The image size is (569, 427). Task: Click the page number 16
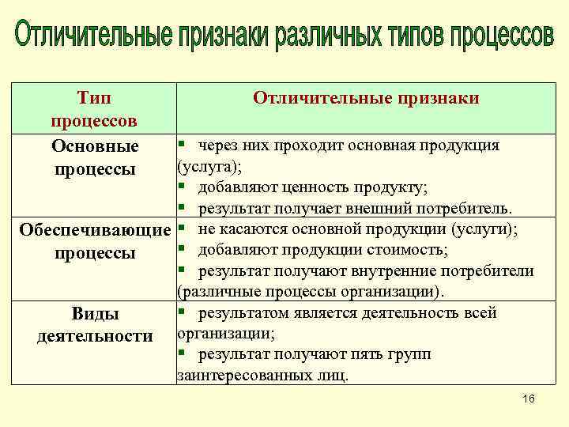click(529, 400)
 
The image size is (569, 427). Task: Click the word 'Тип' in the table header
click(94, 98)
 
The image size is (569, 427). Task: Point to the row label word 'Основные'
click(95, 146)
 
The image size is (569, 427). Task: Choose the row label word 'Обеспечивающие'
click(94, 231)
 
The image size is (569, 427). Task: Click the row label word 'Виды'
click(95, 314)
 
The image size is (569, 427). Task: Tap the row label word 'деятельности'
click(95, 336)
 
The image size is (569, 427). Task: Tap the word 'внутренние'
click(409, 271)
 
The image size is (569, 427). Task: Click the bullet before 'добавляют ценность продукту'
click(182, 187)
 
